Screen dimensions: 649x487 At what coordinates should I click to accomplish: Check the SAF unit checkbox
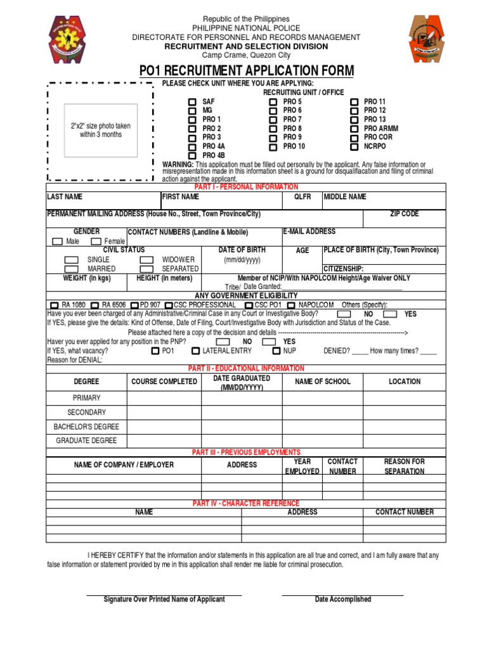click(x=192, y=102)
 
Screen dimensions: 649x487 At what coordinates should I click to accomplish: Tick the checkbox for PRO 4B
click(x=192, y=155)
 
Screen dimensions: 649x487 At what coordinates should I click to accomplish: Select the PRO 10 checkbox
click(x=273, y=146)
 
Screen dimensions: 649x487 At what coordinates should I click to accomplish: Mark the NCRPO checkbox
click(x=354, y=146)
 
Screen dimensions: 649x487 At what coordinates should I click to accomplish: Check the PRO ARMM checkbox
click(x=354, y=129)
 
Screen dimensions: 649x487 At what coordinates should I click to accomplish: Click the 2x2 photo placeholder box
click(x=101, y=131)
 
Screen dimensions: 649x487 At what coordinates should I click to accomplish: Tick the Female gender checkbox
click(x=96, y=241)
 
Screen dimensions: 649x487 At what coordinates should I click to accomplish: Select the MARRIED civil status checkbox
click(x=72, y=269)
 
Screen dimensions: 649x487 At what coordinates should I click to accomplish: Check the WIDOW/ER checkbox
click(x=146, y=260)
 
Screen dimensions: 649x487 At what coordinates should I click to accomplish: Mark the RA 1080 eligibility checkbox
click(x=54, y=305)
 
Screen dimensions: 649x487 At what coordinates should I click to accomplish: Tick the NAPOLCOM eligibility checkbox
click(x=291, y=305)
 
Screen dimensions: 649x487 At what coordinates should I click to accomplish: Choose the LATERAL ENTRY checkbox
click(x=196, y=350)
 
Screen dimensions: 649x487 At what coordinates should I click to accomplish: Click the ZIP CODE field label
click(x=404, y=214)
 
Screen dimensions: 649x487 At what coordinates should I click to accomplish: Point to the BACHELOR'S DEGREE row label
click(x=86, y=427)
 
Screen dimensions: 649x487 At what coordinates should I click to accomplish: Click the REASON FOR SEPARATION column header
click(x=404, y=466)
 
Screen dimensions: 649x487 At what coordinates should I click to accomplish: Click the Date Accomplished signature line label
click(x=343, y=600)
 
